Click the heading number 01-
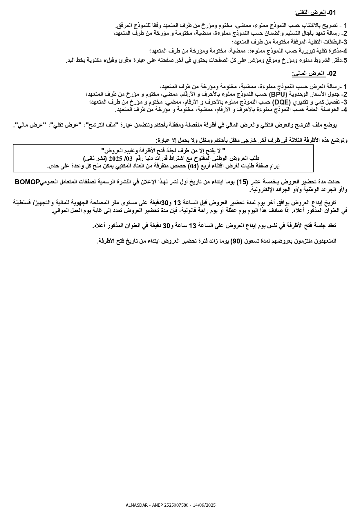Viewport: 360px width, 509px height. click(x=331, y=13)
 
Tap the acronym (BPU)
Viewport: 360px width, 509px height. click(x=278, y=94)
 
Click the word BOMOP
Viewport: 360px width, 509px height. click(x=27, y=182)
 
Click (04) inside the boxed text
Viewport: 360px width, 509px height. click(x=192, y=166)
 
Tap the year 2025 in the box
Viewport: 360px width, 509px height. click(x=115, y=158)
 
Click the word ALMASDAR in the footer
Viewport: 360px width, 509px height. click(x=136, y=505)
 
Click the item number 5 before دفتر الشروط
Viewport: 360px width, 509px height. click(x=345, y=60)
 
